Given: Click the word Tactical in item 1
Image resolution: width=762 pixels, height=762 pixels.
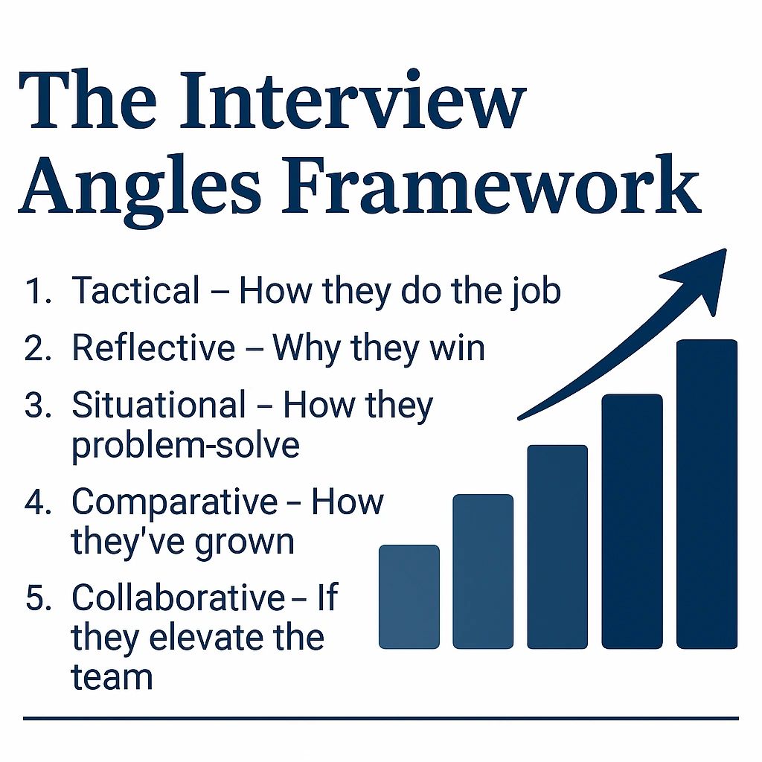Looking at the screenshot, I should click(x=135, y=291).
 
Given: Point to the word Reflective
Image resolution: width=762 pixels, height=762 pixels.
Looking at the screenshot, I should click(x=153, y=348).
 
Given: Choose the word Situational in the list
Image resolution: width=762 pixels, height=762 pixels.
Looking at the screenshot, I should click(x=159, y=406).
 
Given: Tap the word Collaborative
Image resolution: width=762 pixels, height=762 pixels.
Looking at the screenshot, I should click(x=178, y=598).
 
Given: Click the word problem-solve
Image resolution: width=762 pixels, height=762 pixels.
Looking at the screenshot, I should click(x=185, y=445).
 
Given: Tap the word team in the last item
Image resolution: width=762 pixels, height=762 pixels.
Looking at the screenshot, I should click(x=112, y=677).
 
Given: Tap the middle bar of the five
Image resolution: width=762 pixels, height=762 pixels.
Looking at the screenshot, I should click(x=557, y=546).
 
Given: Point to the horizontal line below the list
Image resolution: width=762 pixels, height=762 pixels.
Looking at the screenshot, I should click(x=380, y=718).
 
